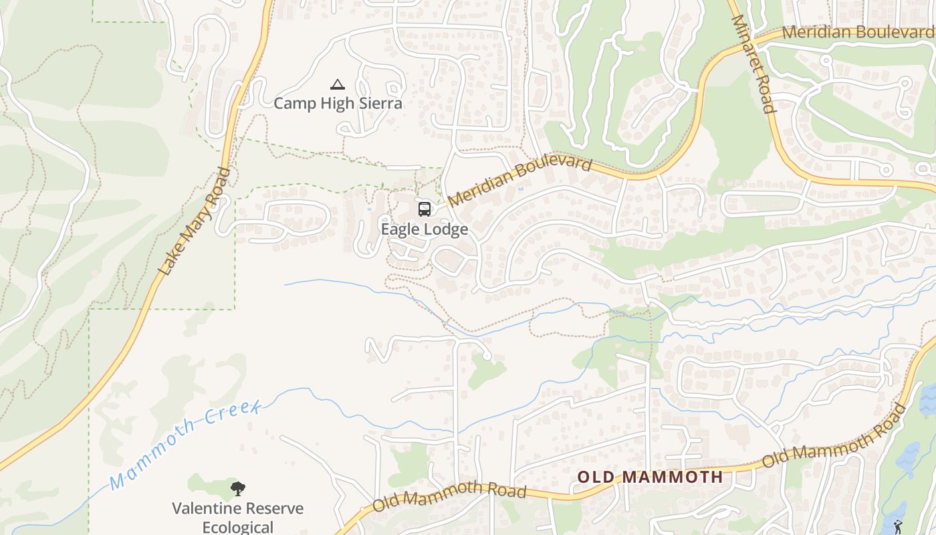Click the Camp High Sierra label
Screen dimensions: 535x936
coord(338,103)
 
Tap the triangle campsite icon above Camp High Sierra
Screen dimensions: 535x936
coord(338,85)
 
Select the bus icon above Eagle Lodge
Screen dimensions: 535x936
coord(424,209)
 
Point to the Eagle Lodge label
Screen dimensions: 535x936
coord(424,229)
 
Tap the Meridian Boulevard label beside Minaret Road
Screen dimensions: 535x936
coord(858,31)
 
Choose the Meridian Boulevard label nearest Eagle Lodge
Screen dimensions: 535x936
coord(520,182)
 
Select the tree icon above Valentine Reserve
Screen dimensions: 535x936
coord(237,489)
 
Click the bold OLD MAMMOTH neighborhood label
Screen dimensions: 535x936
coord(650,477)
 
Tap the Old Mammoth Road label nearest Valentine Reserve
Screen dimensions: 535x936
coord(449,495)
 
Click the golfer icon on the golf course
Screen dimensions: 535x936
coord(898,527)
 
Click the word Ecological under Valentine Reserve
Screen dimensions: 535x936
coord(238,527)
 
